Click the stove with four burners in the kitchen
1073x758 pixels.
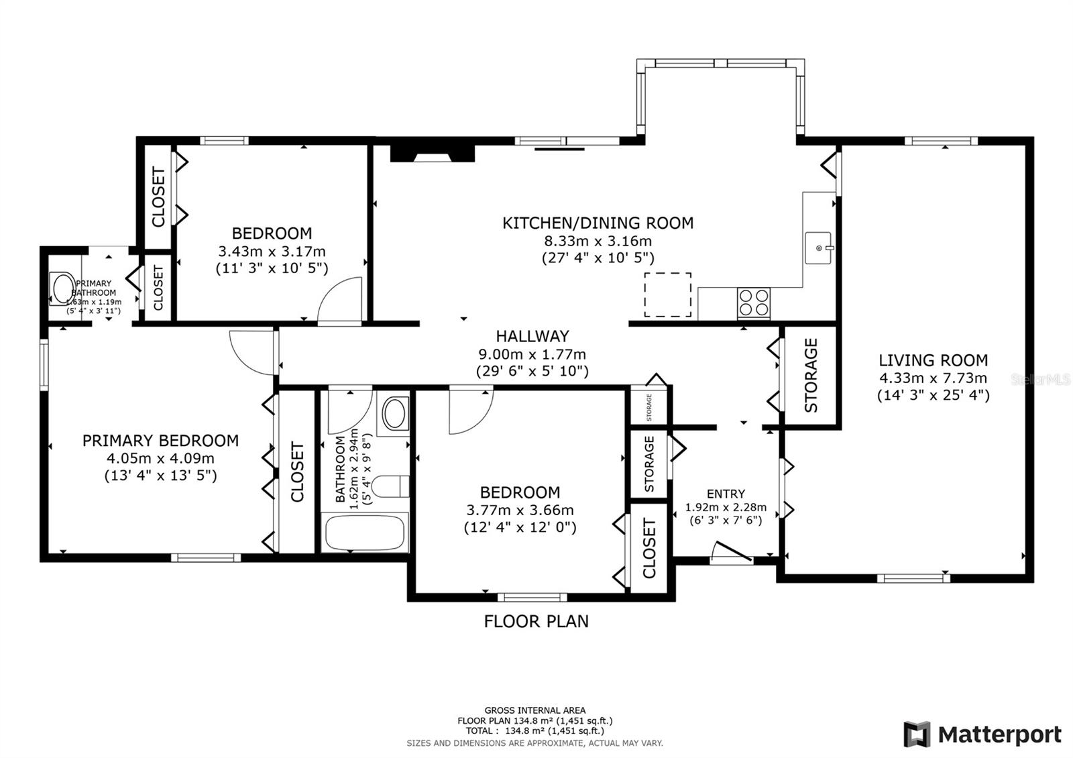click(x=754, y=303)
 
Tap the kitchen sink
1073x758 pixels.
click(x=819, y=248)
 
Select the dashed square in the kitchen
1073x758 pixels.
click(x=668, y=294)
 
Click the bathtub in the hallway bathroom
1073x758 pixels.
click(x=365, y=533)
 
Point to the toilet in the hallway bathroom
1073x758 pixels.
click(x=390, y=486)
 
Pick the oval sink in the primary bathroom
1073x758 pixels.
click(x=63, y=288)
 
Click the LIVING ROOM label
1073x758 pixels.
click(x=933, y=360)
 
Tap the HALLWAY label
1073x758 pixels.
click(x=532, y=336)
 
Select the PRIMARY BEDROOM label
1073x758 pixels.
click(x=160, y=440)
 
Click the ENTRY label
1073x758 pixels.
click(x=726, y=494)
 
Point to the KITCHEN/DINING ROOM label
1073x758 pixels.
click(x=598, y=223)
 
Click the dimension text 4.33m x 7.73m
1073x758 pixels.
click(x=933, y=378)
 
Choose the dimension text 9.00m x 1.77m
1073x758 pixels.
click(x=532, y=354)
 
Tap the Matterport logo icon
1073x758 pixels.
click(x=917, y=734)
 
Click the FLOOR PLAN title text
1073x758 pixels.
click(x=536, y=621)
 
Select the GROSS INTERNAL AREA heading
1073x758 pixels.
click(x=534, y=710)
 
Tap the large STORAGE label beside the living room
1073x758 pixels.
click(x=811, y=375)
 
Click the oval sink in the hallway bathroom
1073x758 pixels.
click(x=394, y=413)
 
